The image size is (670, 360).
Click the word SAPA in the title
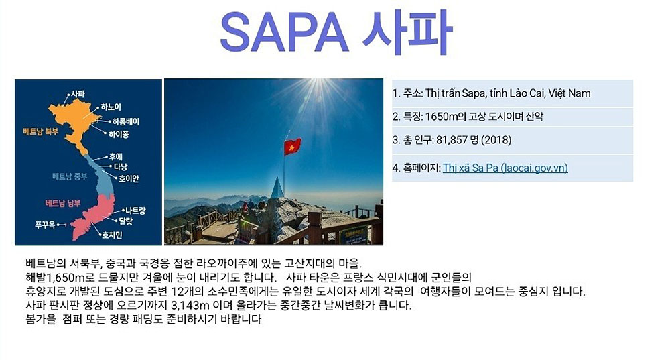[284, 32]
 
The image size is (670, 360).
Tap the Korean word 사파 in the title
[407, 32]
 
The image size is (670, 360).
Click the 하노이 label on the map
[111, 107]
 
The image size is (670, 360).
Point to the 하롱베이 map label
[126, 121]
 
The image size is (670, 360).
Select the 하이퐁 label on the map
[119, 134]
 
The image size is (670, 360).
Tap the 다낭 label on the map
[120, 166]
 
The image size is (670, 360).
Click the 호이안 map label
[129, 178]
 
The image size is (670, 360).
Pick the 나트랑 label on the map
[135, 211]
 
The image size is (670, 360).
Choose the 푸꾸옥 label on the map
[45, 225]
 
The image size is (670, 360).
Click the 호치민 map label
[112, 235]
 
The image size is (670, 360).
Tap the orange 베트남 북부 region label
[41, 131]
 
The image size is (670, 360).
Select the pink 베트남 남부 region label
[63, 203]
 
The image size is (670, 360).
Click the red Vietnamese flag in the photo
[293, 147]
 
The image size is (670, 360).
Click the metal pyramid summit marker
[277, 188]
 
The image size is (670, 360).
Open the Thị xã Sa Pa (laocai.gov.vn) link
[505, 168]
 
